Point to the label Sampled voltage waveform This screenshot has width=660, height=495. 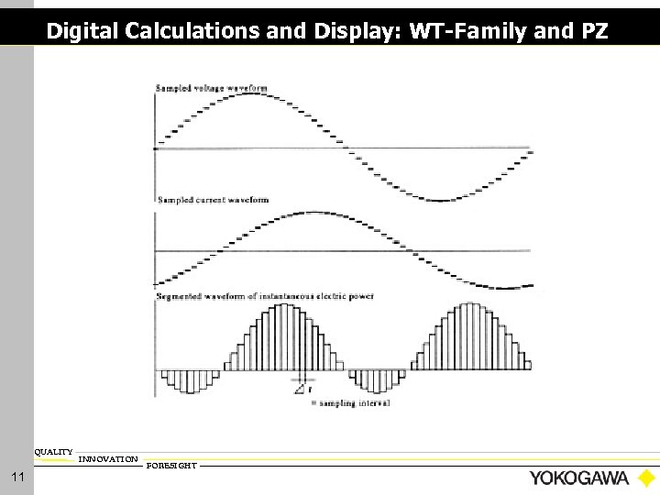click(213, 88)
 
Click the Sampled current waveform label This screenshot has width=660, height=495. click(213, 199)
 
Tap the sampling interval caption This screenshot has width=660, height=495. click(355, 402)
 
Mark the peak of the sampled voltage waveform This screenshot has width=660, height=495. click(250, 94)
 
